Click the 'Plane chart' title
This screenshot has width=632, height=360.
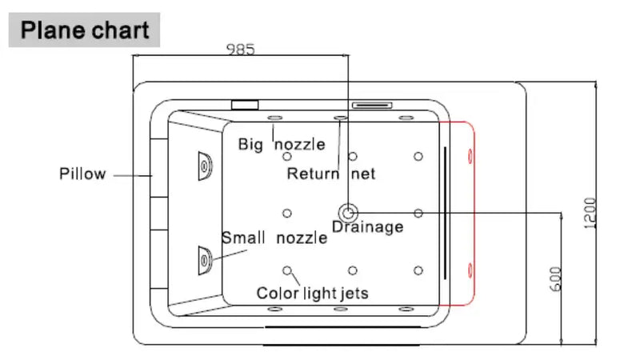[85, 30]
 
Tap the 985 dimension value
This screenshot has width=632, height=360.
[241, 49]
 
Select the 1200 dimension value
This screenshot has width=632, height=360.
[590, 214]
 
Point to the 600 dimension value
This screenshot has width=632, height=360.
[555, 278]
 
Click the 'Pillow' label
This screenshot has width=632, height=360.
[82, 174]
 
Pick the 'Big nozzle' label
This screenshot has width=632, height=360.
[282, 144]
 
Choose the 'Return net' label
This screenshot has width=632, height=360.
[331, 174]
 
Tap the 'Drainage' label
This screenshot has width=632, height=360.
[367, 227]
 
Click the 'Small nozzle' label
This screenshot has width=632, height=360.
[274, 238]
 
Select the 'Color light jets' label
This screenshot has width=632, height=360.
[312, 293]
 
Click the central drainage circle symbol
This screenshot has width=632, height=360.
[348, 213]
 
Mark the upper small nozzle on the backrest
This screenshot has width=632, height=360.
[205, 166]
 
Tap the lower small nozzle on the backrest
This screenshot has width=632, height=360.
[205, 261]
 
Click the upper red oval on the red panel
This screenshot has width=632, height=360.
[470, 156]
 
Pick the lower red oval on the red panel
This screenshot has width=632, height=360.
[470, 270]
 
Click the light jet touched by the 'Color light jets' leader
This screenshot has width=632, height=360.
[287, 270]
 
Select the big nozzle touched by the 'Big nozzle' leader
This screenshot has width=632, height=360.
[275, 118]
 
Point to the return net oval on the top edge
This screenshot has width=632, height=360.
[341, 118]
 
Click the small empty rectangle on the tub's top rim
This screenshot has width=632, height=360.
[245, 105]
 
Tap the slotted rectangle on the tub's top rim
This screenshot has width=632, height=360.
[372, 106]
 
